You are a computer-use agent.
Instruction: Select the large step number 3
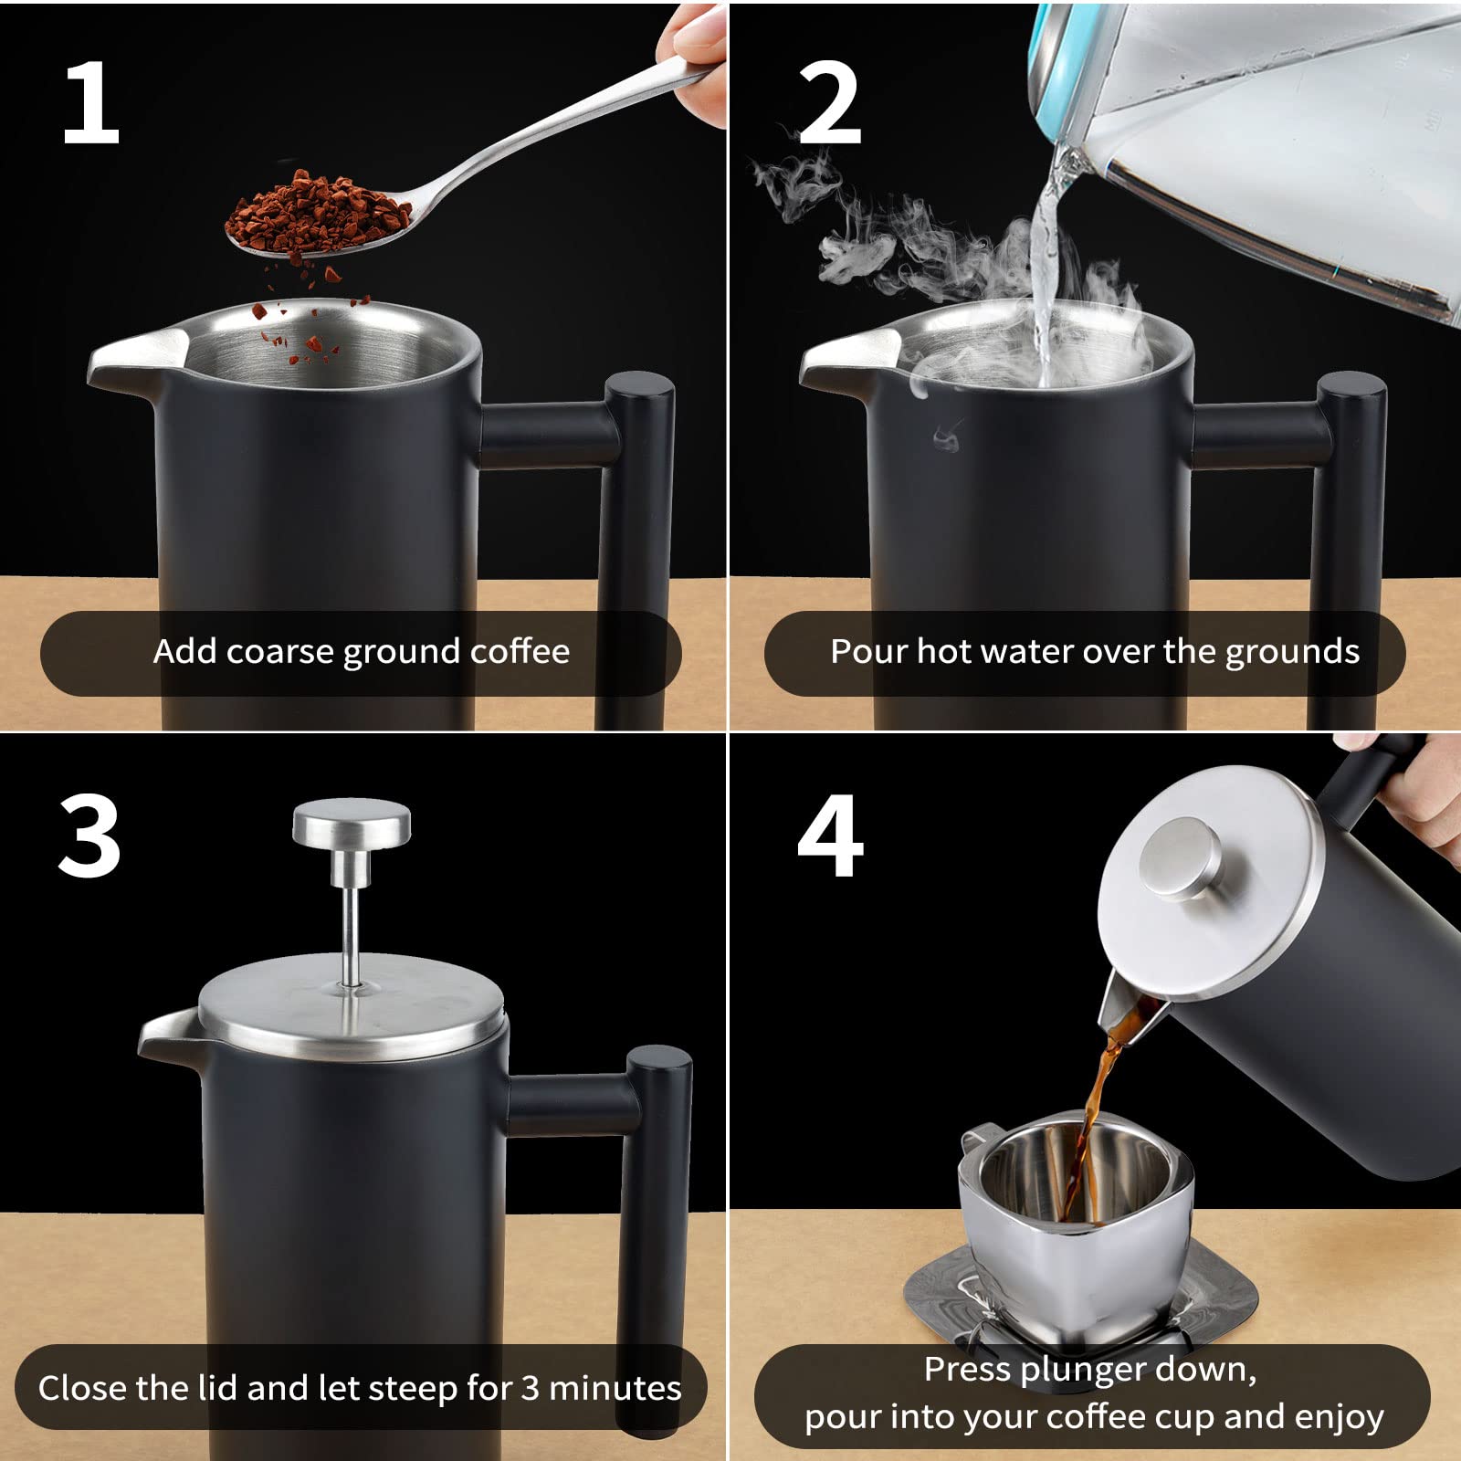(89, 836)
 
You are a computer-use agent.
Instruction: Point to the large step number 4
(830, 836)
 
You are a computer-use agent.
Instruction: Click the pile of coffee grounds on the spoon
(315, 215)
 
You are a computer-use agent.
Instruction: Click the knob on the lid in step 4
(1183, 857)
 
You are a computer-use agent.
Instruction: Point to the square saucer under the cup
(1081, 1297)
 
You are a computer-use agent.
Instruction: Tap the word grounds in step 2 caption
(1292, 653)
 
